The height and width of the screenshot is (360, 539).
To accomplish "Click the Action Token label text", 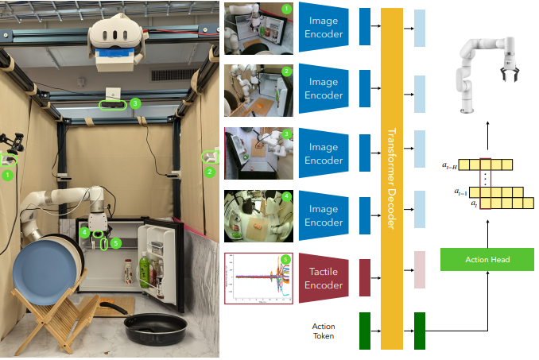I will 324,331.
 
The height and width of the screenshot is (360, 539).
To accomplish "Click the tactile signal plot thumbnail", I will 259,277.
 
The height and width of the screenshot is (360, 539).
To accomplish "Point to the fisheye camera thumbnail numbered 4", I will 259,215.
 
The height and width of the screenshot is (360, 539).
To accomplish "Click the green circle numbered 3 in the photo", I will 135,103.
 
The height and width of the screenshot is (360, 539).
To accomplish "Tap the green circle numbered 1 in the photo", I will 8,174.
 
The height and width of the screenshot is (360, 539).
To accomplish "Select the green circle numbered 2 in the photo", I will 210,171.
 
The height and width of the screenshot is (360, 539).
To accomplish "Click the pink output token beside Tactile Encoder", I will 421,270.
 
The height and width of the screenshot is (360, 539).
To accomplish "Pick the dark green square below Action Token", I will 366,331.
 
